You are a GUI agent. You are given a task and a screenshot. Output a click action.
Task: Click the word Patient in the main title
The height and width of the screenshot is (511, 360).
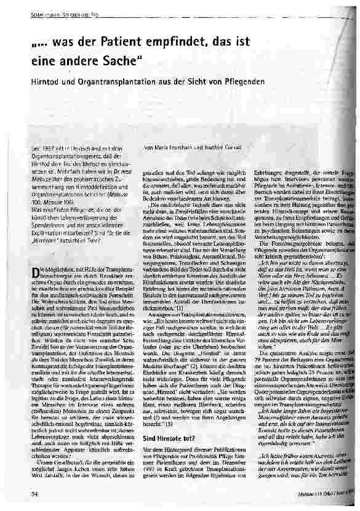click(130, 42)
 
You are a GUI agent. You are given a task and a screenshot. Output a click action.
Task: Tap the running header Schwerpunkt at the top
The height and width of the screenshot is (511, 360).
click(37, 7)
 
